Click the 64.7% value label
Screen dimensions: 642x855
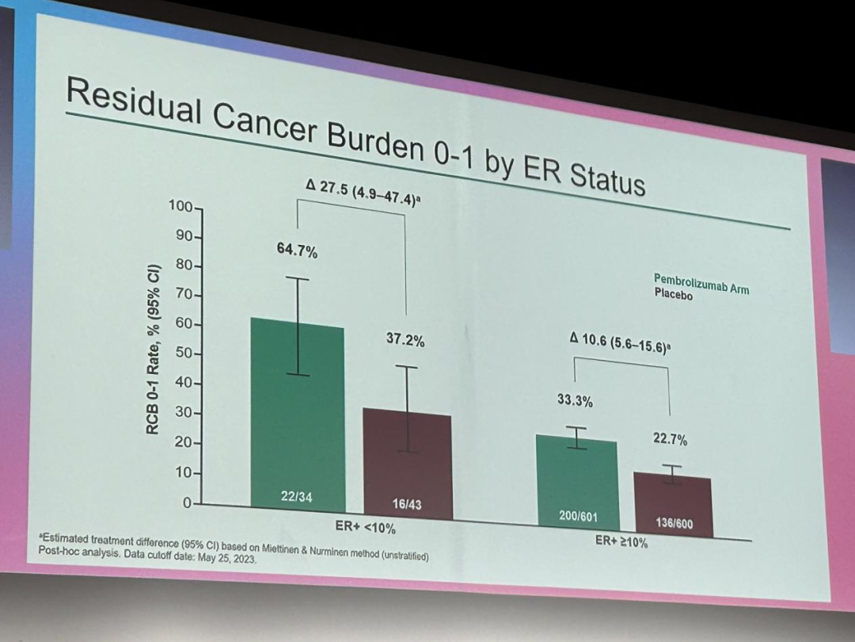point(297,252)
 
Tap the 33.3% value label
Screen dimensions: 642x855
point(575,401)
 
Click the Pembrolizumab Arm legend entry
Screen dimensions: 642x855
point(701,284)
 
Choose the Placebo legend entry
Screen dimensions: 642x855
point(673,296)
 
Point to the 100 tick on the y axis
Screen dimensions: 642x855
point(180,207)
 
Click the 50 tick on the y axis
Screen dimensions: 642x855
point(183,353)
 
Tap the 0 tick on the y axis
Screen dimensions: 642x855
point(187,503)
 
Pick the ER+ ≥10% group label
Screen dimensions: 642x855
point(621,542)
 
